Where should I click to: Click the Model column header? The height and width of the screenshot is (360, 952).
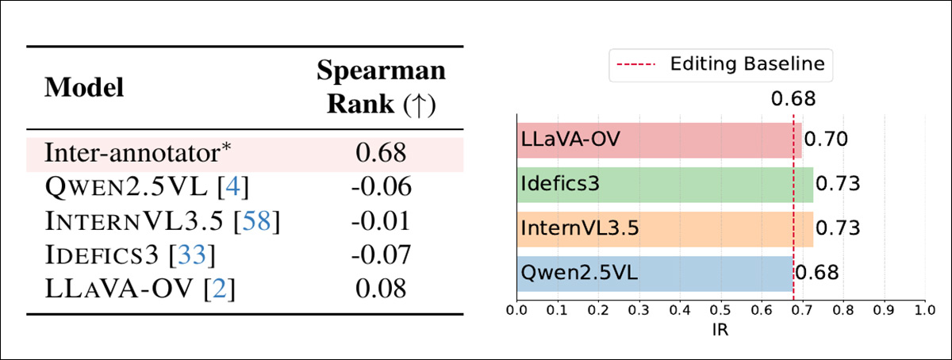[84, 88]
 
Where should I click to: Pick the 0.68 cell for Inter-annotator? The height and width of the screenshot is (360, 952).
[382, 151]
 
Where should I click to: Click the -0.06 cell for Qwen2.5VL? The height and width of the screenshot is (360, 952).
[382, 186]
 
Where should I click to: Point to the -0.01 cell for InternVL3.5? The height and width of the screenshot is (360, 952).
[382, 220]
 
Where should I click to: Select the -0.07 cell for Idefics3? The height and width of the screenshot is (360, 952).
[382, 255]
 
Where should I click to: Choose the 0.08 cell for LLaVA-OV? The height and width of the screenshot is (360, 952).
[382, 289]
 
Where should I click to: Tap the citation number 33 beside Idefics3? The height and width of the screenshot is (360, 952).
[195, 255]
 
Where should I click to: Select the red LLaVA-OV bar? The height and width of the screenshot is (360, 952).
[658, 140]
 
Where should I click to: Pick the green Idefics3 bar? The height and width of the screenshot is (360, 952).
[664, 184]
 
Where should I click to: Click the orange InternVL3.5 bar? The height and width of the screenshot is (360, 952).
[664, 228]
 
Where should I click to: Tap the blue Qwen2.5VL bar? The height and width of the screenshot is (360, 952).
[654, 273]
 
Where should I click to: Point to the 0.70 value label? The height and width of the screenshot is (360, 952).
[826, 140]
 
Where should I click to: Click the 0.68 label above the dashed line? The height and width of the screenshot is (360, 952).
[793, 99]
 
